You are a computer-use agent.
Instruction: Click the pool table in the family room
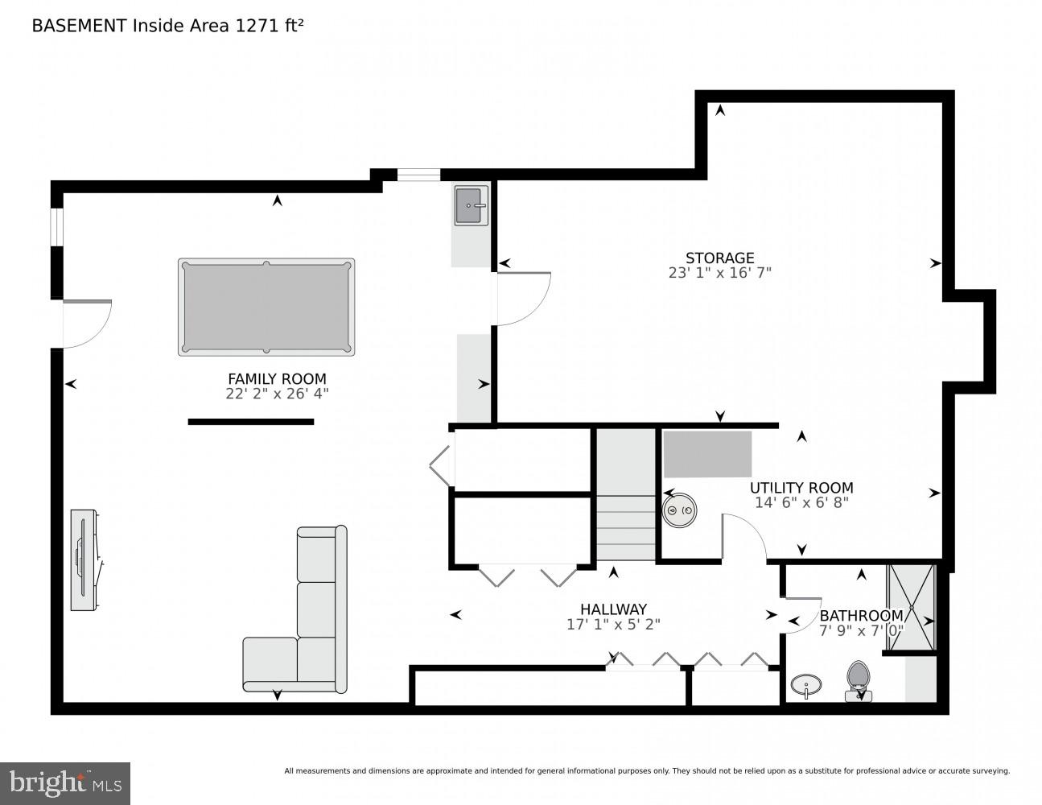click(266, 307)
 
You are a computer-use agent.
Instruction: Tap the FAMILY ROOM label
click(277, 378)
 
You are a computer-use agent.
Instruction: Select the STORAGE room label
click(719, 258)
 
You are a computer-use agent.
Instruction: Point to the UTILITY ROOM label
click(801, 488)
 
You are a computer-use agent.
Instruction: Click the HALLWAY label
click(613, 609)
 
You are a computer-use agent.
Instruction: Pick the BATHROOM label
click(861, 616)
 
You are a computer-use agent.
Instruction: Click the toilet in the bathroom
click(859, 679)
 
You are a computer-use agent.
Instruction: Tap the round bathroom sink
click(805, 686)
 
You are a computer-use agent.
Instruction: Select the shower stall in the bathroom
click(912, 606)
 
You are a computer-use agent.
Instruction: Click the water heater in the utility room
click(680, 510)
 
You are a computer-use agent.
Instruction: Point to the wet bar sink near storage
click(471, 205)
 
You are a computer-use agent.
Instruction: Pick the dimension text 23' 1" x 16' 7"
click(719, 273)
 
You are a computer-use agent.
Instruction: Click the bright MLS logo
click(65, 783)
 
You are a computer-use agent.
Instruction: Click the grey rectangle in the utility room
click(707, 454)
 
